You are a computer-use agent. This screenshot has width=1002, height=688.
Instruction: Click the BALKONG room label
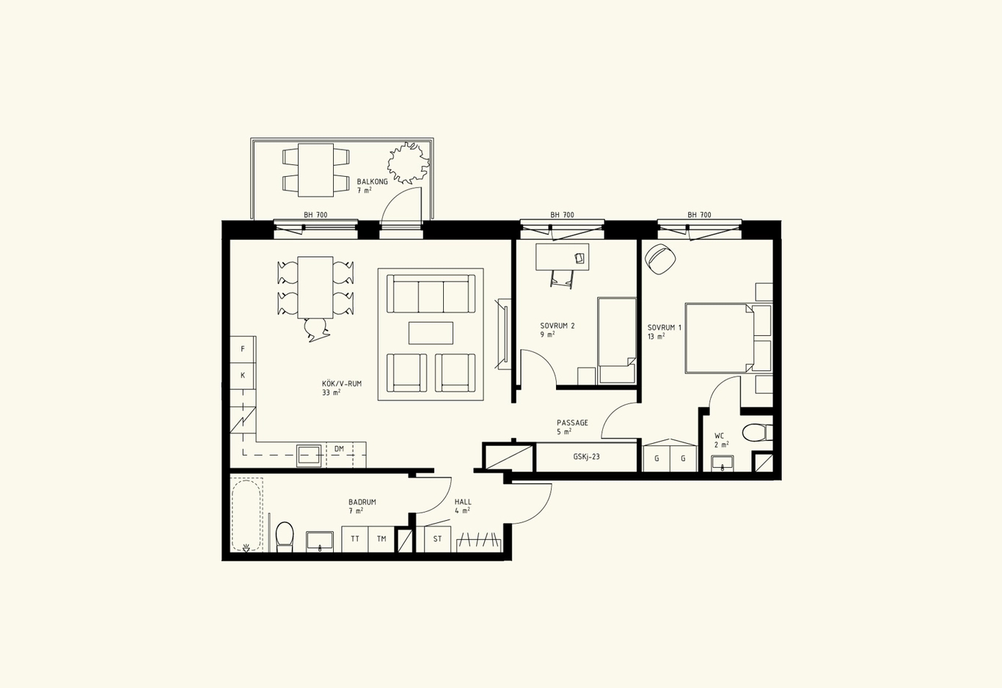click(x=372, y=182)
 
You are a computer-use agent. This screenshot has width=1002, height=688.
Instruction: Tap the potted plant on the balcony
click(x=409, y=163)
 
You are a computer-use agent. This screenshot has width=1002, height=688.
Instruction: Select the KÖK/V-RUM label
click(x=342, y=384)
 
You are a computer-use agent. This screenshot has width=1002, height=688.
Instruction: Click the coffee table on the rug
click(x=431, y=333)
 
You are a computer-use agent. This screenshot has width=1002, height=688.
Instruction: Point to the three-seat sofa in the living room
click(x=431, y=294)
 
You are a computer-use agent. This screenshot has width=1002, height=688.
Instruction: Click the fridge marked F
click(x=243, y=349)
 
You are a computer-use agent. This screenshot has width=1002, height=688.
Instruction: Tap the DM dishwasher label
click(x=339, y=449)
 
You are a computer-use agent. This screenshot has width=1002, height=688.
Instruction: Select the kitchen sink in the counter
click(x=309, y=455)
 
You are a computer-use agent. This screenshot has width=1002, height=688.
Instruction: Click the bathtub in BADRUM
click(x=246, y=516)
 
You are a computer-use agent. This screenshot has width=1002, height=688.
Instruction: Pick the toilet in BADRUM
click(x=285, y=537)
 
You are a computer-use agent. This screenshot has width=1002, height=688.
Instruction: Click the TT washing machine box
click(x=355, y=539)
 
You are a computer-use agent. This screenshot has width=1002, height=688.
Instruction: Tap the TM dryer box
click(x=381, y=539)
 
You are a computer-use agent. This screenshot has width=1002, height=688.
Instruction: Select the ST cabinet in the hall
click(x=437, y=539)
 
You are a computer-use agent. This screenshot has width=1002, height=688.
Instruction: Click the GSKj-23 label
click(x=586, y=457)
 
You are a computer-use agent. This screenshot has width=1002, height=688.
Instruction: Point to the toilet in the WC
click(x=757, y=433)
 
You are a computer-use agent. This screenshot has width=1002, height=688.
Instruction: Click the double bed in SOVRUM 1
click(x=728, y=338)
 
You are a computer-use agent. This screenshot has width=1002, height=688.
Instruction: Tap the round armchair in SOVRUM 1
click(x=659, y=259)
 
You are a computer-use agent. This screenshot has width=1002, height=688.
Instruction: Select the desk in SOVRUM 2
click(x=563, y=257)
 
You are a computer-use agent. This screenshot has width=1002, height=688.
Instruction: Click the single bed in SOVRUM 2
click(x=617, y=340)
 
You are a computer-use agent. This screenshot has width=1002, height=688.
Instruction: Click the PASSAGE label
click(x=572, y=422)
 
